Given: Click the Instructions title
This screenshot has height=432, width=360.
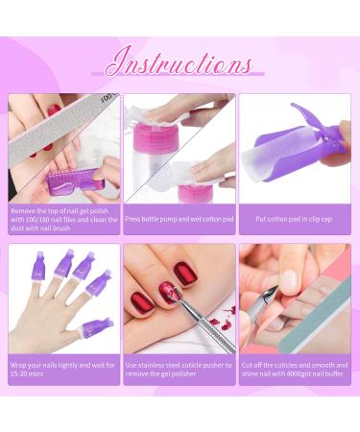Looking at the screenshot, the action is pyautogui.click(x=179, y=61).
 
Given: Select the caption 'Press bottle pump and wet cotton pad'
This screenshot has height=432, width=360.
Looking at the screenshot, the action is pyautogui.click(x=180, y=219).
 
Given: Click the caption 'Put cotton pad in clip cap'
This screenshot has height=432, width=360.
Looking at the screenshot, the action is pyautogui.click(x=294, y=219).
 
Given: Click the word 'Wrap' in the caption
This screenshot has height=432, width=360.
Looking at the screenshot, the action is pyautogui.click(x=18, y=365).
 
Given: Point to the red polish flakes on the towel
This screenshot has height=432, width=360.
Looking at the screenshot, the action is pyautogui.click(x=223, y=320).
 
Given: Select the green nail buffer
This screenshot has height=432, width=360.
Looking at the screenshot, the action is pyautogui.click(x=315, y=315).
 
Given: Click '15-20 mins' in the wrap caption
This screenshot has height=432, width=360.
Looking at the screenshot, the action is pyautogui.click(x=27, y=373).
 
